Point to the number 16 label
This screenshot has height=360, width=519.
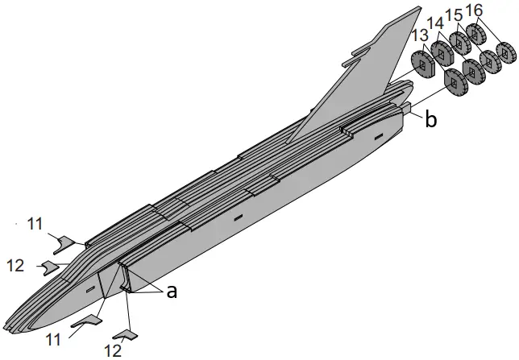tap(474, 9)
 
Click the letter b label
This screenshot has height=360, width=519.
tap(432, 120)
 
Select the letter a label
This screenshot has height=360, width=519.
tap(170, 292)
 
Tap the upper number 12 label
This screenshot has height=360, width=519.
tap(16, 264)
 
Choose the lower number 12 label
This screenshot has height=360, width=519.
tap(113, 350)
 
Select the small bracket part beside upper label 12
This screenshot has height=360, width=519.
tap(50, 266)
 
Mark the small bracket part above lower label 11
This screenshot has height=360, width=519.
tap(86, 321)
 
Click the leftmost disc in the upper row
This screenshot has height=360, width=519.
tap(421, 64)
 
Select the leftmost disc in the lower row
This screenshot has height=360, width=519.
tap(455, 82)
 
